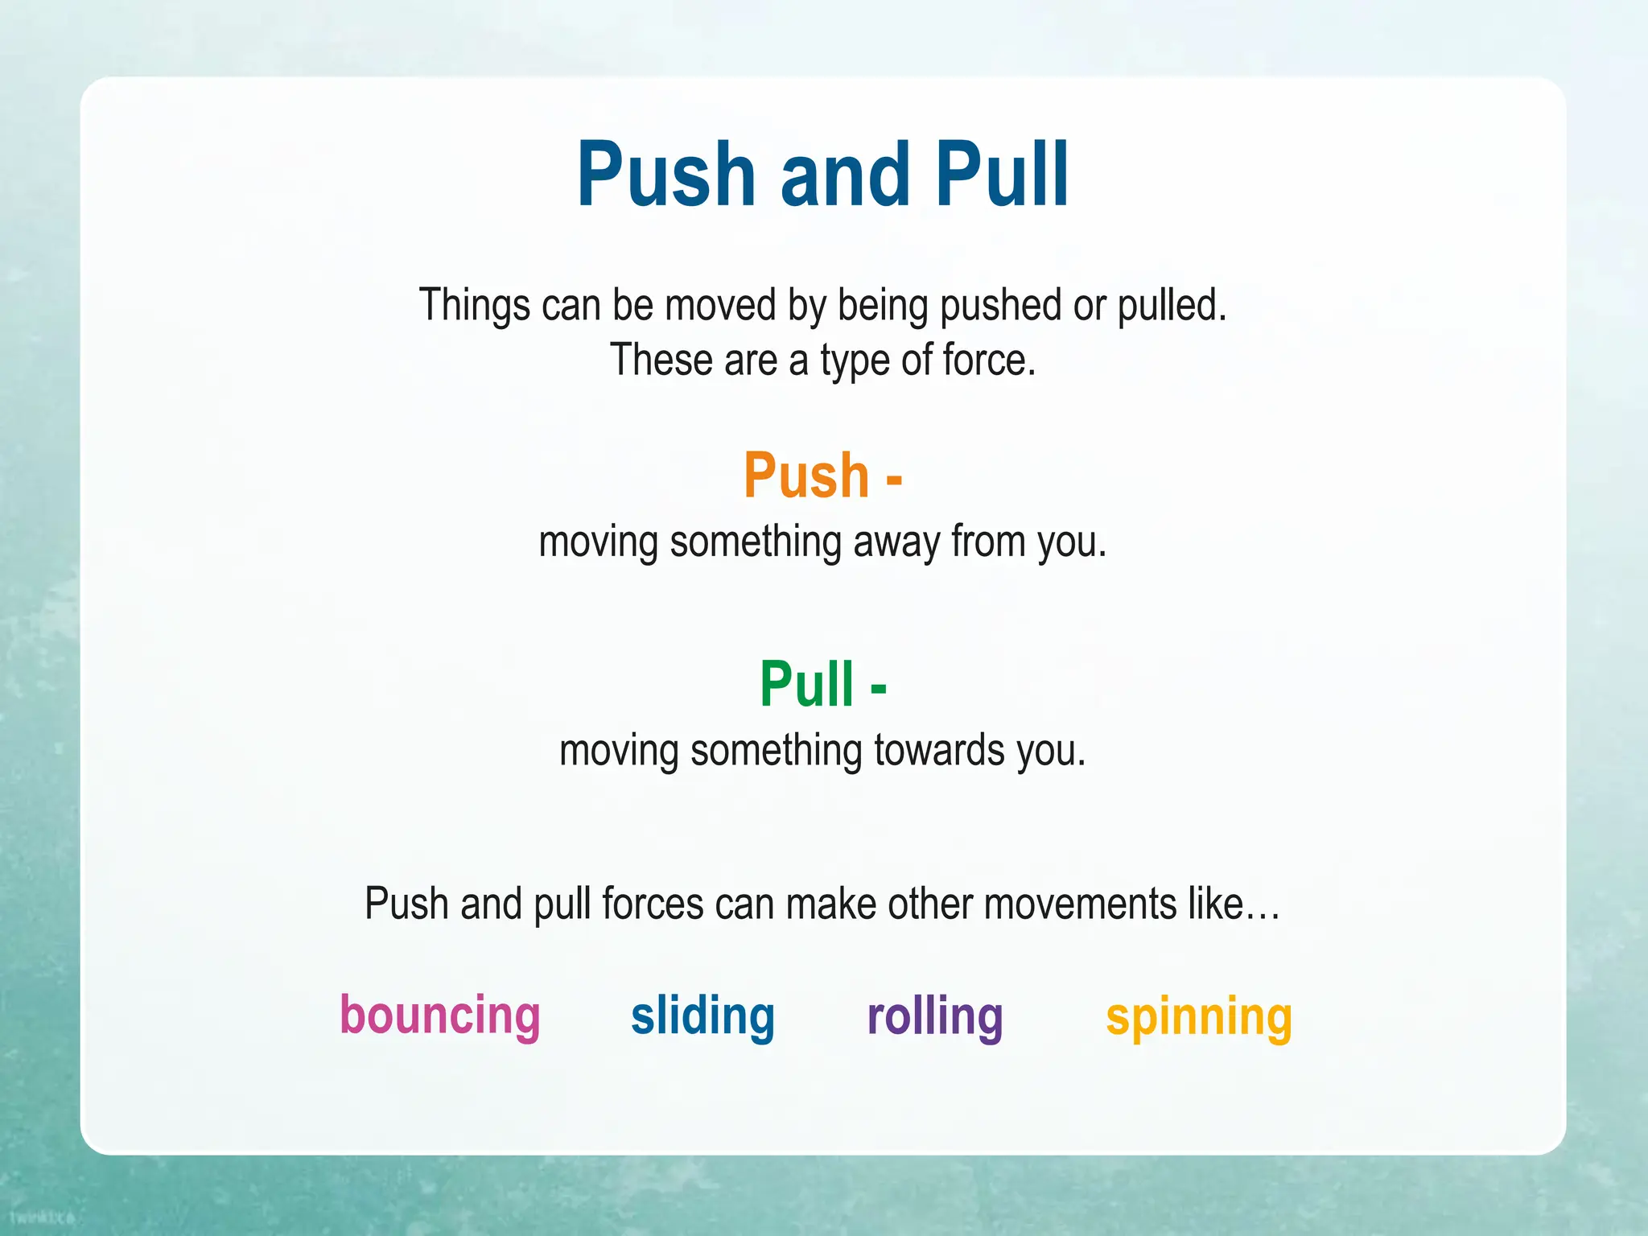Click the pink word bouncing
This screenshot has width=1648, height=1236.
(439, 1016)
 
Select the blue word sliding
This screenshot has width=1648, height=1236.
(702, 1016)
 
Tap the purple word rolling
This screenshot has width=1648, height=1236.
(935, 1016)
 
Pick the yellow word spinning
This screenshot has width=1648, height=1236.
(1199, 1018)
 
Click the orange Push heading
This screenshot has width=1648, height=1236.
(806, 476)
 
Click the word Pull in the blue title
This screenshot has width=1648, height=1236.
(1001, 175)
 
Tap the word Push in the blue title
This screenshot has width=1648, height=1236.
(666, 175)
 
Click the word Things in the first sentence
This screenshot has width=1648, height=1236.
(475, 306)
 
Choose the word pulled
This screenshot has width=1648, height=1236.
(1172, 306)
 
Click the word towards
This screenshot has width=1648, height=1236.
(939, 750)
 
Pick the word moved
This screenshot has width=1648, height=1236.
(720, 306)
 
